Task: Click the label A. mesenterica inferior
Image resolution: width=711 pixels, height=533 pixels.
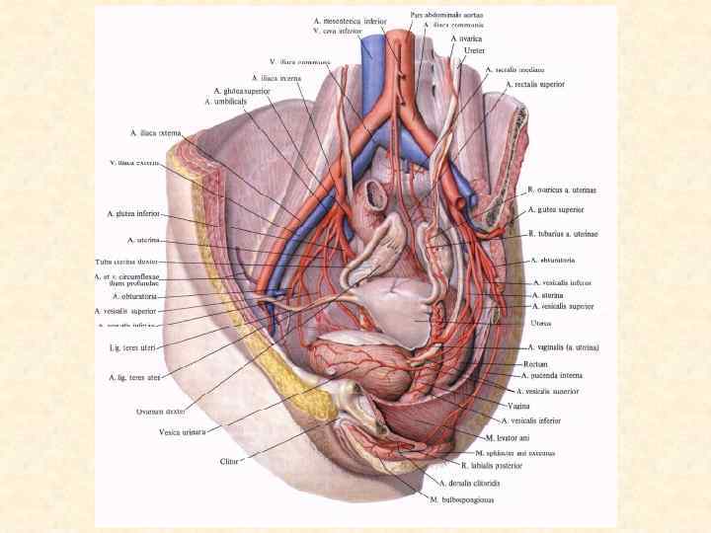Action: tap(350, 20)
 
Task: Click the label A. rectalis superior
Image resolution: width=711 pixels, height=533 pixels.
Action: tap(534, 85)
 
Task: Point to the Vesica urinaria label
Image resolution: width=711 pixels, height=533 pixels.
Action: tap(182, 431)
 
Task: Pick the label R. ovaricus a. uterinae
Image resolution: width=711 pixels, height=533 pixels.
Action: tap(562, 190)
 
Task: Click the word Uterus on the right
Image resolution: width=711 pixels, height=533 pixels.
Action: tap(540, 323)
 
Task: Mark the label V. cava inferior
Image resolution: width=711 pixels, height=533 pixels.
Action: tap(340, 31)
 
